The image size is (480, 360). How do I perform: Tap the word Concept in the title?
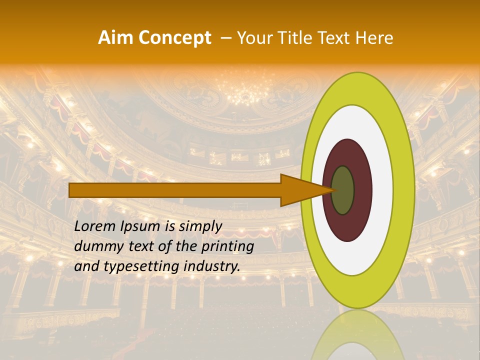[x=174, y=38]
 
